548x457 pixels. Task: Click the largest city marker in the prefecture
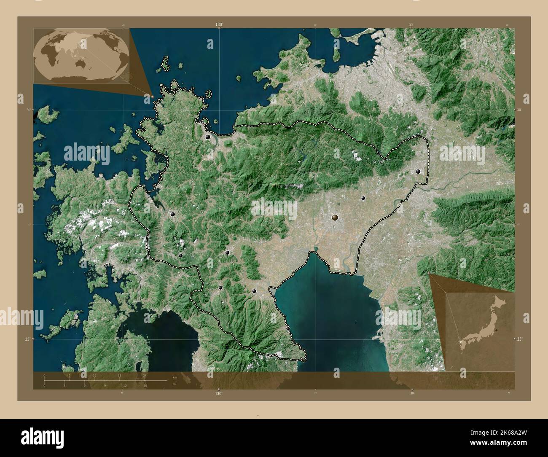click(335, 218)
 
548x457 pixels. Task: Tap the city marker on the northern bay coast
click(207, 137)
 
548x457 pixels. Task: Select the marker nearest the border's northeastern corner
click(418, 172)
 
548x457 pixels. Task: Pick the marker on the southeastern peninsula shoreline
click(288, 328)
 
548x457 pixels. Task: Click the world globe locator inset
click(81, 55)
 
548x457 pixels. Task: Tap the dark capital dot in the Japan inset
click(497, 330)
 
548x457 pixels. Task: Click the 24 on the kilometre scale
click(145, 375)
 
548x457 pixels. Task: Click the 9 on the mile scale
click(105, 385)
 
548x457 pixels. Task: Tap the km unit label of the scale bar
click(175, 376)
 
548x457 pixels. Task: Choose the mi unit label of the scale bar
click(174, 384)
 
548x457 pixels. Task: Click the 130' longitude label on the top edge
click(218, 25)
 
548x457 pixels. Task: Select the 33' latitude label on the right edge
click(520, 339)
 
